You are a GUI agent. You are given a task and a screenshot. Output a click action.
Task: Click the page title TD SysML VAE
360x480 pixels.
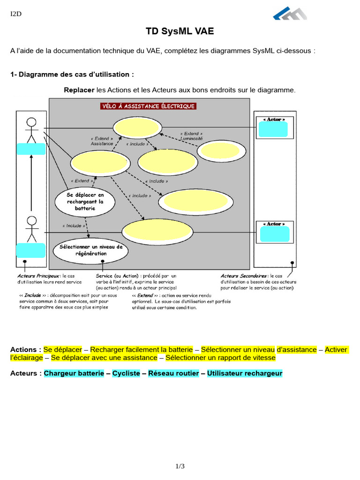click(x=180, y=31)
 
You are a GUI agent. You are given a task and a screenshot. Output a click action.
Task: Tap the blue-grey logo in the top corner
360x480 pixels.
click(x=290, y=14)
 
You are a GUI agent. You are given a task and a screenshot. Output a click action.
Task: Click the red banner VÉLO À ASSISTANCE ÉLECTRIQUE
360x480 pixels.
click(x=148, y=106)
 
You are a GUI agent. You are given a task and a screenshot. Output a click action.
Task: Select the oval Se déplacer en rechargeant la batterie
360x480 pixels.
click(x=85, y=202)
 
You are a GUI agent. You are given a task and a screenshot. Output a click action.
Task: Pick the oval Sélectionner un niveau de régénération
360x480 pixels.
click(x=90, y=250)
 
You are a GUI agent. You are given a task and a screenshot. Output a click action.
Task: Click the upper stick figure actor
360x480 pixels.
click(x=31, y=130)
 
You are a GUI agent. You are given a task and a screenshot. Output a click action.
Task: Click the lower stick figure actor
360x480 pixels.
click(x=31, y=228)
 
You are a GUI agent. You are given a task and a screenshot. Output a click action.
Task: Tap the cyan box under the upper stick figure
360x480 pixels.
click(x=31, y=149)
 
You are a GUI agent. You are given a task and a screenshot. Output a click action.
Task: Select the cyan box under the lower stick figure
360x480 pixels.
click(x=31, y=250)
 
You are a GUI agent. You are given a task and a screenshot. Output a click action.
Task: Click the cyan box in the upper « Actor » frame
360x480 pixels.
click(x=274, y=129)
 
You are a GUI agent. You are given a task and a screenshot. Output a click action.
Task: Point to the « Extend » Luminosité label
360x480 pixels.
click(x=191, y=136)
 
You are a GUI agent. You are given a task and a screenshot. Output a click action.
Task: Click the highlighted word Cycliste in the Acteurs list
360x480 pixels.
click(x=126, y=374)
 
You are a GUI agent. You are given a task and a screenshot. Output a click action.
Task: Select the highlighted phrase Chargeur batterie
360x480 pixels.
click(x=74, y=374)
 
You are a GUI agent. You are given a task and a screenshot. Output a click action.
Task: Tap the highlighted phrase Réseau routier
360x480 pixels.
click(x=173, y=374)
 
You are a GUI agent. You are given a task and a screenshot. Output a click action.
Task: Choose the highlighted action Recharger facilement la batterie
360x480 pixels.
click(x=141, y=350)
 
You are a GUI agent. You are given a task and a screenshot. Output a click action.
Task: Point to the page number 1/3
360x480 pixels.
click(x=180, y=466)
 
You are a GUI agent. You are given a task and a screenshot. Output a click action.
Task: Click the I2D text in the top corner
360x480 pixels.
click(x=16, y=14)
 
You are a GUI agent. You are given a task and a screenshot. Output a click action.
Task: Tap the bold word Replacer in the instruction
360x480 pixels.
click(x=79, y=90)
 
